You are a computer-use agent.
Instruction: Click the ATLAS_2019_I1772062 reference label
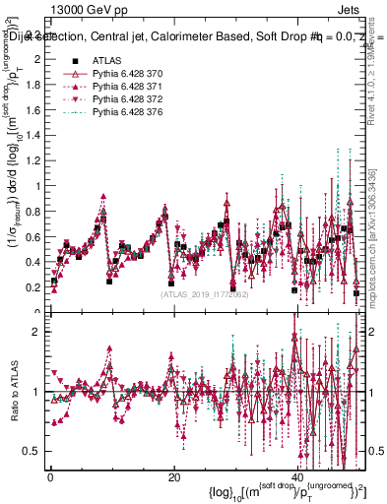coord(204,293)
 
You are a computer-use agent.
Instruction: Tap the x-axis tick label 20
coord(174,475)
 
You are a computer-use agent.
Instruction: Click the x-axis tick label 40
coord(298,475)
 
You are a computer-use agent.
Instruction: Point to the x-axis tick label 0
coord(50,475)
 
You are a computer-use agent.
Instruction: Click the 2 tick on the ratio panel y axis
coord(37,332)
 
